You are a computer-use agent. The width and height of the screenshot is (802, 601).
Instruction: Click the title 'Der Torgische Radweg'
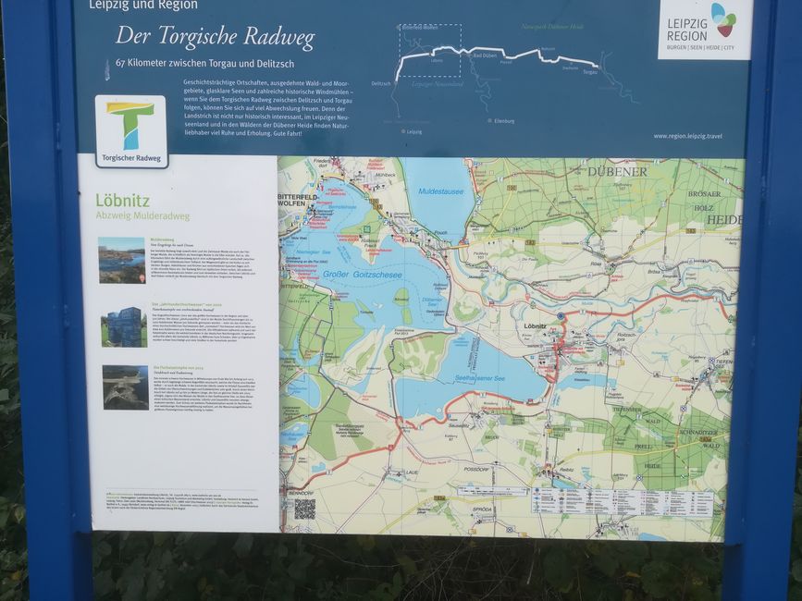[x=215, y=38]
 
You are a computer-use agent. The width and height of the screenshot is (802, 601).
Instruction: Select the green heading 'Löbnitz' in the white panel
[x=123, y=200]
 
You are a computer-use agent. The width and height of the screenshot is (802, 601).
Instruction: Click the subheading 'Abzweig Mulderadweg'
[x=142, y=216]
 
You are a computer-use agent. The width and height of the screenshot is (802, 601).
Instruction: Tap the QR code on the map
[x=304, y=508]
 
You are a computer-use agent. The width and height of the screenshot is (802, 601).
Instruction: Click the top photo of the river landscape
[x=122, y=260]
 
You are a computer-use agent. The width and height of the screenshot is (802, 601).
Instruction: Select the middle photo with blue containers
[x=123, y=326]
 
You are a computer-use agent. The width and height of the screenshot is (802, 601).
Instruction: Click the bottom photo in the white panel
[x=125, y=387]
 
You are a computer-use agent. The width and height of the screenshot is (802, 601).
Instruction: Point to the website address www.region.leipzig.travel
[x=687, y=136]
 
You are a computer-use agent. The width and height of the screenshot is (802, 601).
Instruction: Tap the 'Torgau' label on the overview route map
[x=590, y=71]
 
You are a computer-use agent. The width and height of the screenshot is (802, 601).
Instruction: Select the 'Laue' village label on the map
[x=411, y=472]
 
